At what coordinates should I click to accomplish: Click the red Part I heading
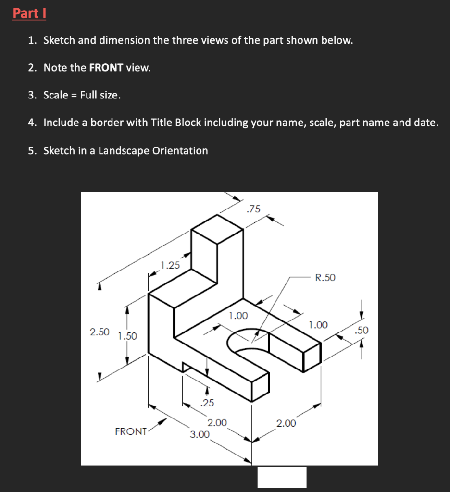[29, 13]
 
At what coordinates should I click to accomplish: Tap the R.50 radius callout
[325, 277]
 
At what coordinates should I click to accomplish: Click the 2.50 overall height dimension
[100, 332]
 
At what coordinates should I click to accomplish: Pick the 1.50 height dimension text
[127, 336]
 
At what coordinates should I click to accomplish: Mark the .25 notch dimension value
[208, 403]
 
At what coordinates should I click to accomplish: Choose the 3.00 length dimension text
[200, 435]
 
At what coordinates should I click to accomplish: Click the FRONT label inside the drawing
[131, 431]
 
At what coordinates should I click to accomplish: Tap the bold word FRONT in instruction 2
[106, 68]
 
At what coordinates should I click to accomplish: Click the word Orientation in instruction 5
[180, 151]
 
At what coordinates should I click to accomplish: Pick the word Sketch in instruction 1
[59, 40]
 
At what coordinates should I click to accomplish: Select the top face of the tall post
[217, 230]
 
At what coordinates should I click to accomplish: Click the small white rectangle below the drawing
[282, 477]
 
